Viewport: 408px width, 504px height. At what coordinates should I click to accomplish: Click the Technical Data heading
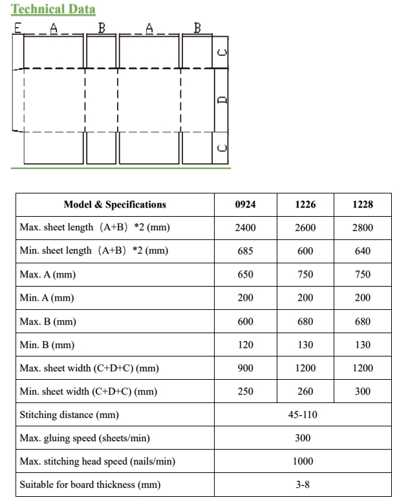(53, 9)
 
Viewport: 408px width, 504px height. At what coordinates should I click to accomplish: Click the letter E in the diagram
(17, 28)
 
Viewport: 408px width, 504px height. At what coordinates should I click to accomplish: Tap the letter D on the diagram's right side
(222, 100)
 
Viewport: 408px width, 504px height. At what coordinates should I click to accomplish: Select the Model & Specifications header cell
(114, 204)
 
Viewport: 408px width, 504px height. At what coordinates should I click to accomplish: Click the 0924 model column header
(245, 204)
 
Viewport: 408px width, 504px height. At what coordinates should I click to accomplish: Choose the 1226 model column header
(305, 204)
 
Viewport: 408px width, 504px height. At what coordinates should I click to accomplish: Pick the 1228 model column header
(363, 204)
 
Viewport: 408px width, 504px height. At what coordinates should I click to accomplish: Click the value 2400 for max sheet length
(245, 228)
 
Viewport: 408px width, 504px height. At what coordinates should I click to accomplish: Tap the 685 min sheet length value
(245, 251)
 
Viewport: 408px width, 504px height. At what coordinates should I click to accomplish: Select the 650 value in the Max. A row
(245, 274)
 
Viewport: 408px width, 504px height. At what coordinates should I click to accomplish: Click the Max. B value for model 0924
(245, 322)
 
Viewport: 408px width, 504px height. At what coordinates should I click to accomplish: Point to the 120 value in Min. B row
(245, 345)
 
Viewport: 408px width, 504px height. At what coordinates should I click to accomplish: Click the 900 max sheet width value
(245, 368)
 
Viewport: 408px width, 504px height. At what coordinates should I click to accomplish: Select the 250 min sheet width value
(245, 391)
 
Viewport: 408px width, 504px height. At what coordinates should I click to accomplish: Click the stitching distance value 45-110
(303, 415)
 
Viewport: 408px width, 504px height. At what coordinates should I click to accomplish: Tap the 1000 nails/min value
(303, 461)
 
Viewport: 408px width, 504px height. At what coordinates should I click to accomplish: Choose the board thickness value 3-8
(303, 485)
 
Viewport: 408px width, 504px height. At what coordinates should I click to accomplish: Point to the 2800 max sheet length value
(363, 228)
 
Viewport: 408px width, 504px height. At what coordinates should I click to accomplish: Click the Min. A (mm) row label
(47, 298)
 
